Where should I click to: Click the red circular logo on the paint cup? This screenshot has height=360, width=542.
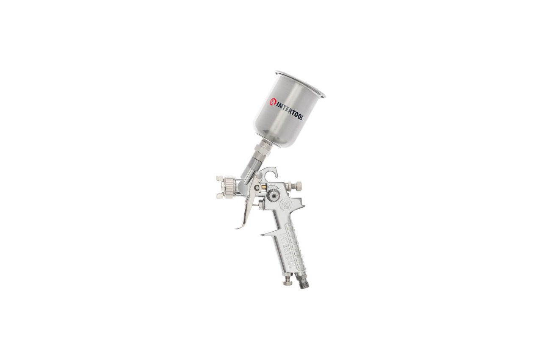coord(273,102)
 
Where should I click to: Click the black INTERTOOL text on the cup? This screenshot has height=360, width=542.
coord(290,111)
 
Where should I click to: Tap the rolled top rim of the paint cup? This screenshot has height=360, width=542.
coord(300,84)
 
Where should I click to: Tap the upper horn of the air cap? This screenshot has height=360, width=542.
coord(220,179)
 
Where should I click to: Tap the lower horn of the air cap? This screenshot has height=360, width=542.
coord(220,196)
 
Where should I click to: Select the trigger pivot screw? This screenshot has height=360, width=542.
coord(257,188)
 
